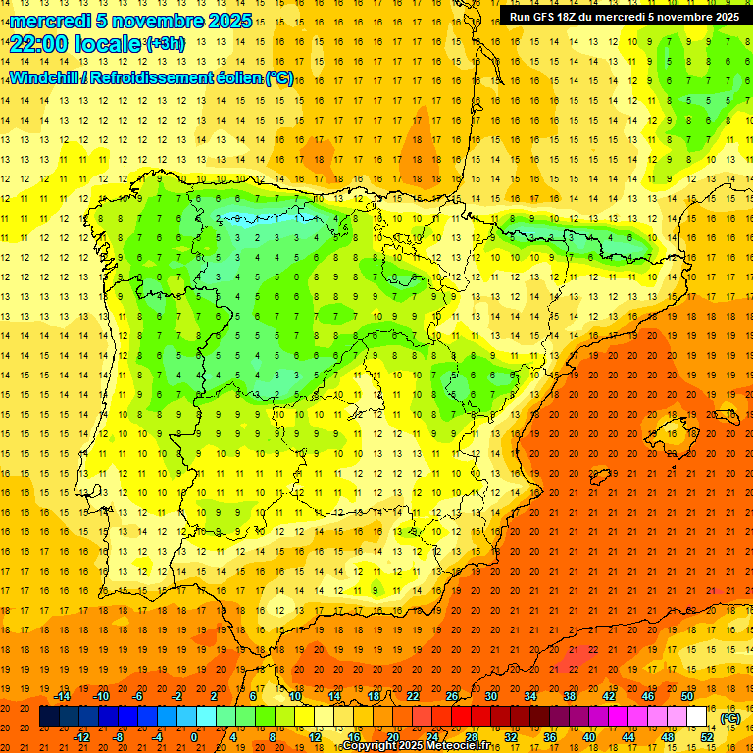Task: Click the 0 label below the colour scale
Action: [194, 736]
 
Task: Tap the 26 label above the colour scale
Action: [452, 696]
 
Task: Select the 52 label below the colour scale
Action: [706, 736]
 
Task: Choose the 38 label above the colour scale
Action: [569, 696]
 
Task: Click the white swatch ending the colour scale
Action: [697, 717]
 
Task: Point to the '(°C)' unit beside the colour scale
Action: [730, 718]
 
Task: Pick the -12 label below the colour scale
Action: [82, 736]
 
